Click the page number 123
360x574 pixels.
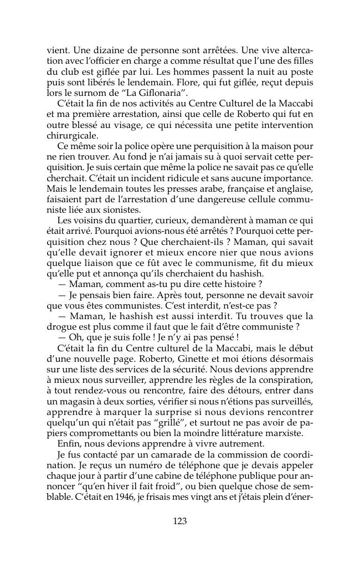tap(180, 521)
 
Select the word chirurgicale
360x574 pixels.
tap(73, 135)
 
